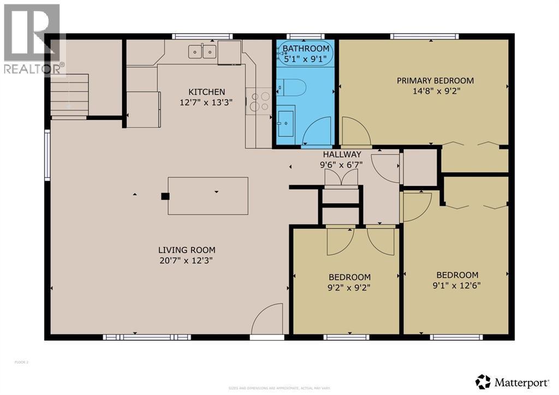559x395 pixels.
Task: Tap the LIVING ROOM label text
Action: click(183, 250)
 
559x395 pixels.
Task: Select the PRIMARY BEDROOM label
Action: click(435, 81)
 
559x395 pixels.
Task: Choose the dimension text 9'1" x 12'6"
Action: click(457, 285)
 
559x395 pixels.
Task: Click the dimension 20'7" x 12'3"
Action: click(183, 261)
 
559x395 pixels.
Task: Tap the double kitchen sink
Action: click(202, 52)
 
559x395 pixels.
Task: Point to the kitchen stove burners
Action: click(258, 101)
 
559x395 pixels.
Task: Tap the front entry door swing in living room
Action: click(267, 320)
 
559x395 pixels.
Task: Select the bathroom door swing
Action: click(317, 133)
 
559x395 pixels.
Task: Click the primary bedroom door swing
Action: click(355, 133)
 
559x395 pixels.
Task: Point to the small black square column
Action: click(165, 196)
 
